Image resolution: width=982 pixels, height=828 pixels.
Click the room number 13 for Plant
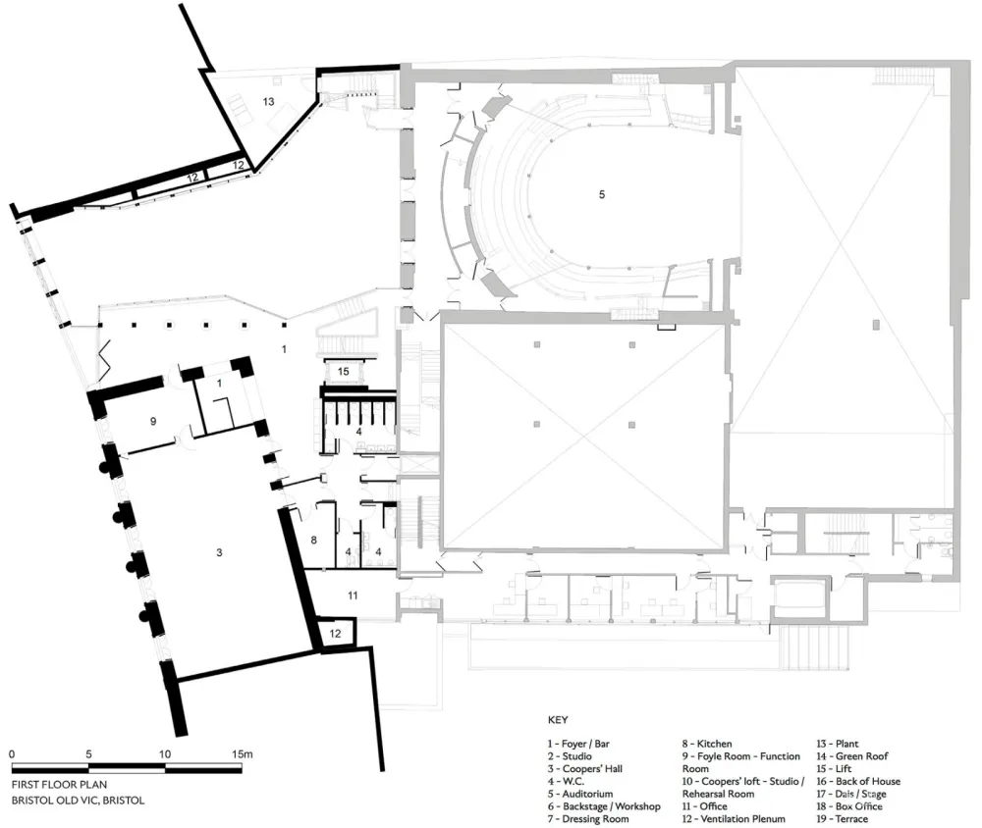[267, 101]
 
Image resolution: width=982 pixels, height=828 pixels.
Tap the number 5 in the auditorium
[601, 194]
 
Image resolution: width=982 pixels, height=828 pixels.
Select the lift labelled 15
[343, 371]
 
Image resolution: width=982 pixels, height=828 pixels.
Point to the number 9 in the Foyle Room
[152, 421]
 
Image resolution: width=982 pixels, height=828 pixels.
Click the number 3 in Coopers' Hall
[219, 553]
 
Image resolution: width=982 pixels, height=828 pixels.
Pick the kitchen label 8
[314, 540]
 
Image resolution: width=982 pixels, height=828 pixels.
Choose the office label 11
[354, 595]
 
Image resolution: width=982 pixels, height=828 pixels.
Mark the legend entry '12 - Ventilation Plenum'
[742, 819]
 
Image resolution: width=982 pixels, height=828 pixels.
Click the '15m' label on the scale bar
[243, 753]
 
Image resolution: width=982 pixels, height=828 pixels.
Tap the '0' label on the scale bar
[12, 753]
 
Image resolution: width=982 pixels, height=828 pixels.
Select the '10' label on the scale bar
[165, 753]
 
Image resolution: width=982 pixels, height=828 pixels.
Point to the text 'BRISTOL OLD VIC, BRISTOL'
[79, 801]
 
